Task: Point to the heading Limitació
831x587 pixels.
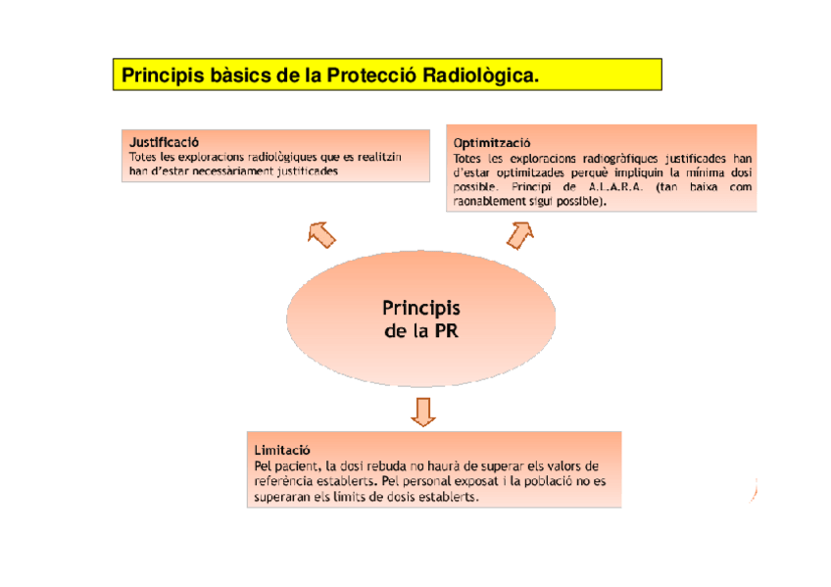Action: click(x=282, y=449)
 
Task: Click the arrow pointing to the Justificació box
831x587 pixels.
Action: click(x=321, y=233)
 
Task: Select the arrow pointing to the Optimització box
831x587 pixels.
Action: click(x=519, y=233)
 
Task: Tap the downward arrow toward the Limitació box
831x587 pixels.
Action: click(x=422, y=411)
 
